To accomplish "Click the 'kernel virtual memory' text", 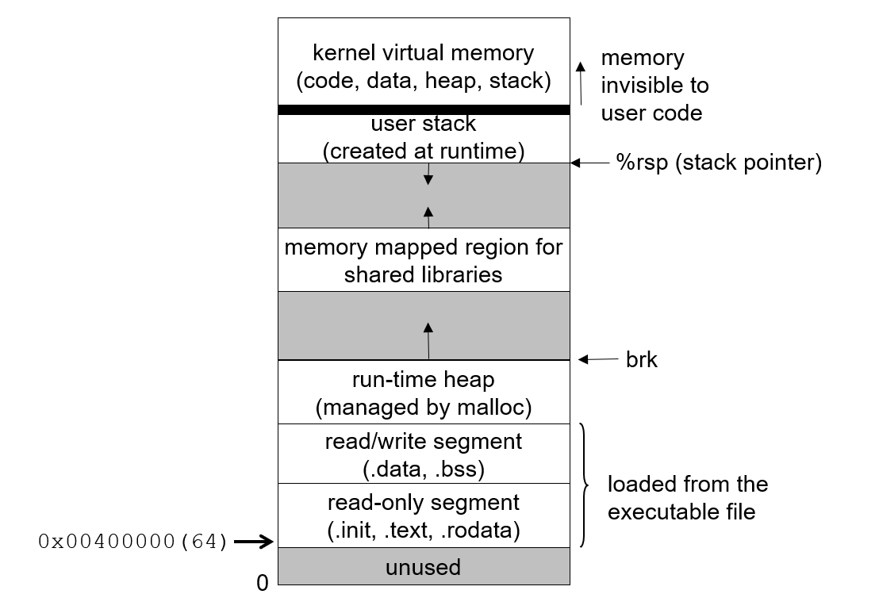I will [424, 54].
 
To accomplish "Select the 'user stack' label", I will [424, 124].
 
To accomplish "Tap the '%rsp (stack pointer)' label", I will [719, 163].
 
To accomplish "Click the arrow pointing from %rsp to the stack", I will [588, 163].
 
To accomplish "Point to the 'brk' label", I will [642, 360].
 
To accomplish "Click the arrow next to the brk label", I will [598, 360].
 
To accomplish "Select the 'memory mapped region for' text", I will [424, 247].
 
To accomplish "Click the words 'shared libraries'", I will [424, 274].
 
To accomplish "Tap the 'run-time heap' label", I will [424, 381].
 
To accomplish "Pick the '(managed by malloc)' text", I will [424, 408].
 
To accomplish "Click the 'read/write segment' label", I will [424, 442].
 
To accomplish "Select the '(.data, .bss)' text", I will [424, 469].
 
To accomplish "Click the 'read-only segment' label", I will [424, 503].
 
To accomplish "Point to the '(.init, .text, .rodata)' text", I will [424, 531].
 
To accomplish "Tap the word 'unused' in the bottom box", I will [424, 568].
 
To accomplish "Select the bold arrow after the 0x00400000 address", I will [254, 542].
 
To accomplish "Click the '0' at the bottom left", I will [263, 584].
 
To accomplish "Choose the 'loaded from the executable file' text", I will [687, 497].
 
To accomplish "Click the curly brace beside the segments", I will [585, 485].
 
